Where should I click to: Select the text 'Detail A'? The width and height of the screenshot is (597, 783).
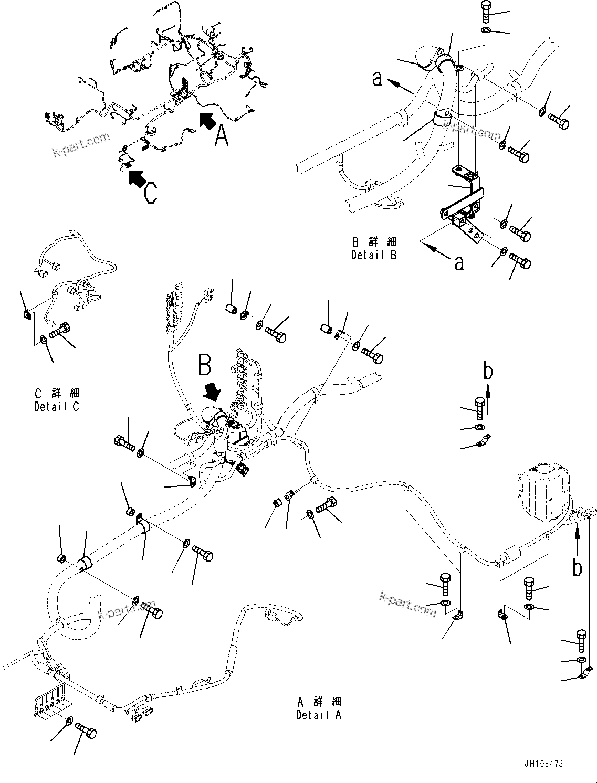point(318,715)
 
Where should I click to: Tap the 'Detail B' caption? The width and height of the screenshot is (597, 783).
point(374,255)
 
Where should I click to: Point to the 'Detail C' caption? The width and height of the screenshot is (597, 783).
point(57,406)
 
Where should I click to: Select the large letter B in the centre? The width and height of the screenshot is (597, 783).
point(205,365)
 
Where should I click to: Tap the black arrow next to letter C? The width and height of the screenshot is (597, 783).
point(137,178)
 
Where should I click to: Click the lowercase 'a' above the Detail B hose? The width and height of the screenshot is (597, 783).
point(377,78)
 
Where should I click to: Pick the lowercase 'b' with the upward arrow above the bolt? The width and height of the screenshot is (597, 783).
point(488,372)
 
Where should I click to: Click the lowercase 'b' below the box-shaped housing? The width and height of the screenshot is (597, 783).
point(577,568)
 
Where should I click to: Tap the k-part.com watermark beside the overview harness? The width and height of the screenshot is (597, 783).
point(81,145)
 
